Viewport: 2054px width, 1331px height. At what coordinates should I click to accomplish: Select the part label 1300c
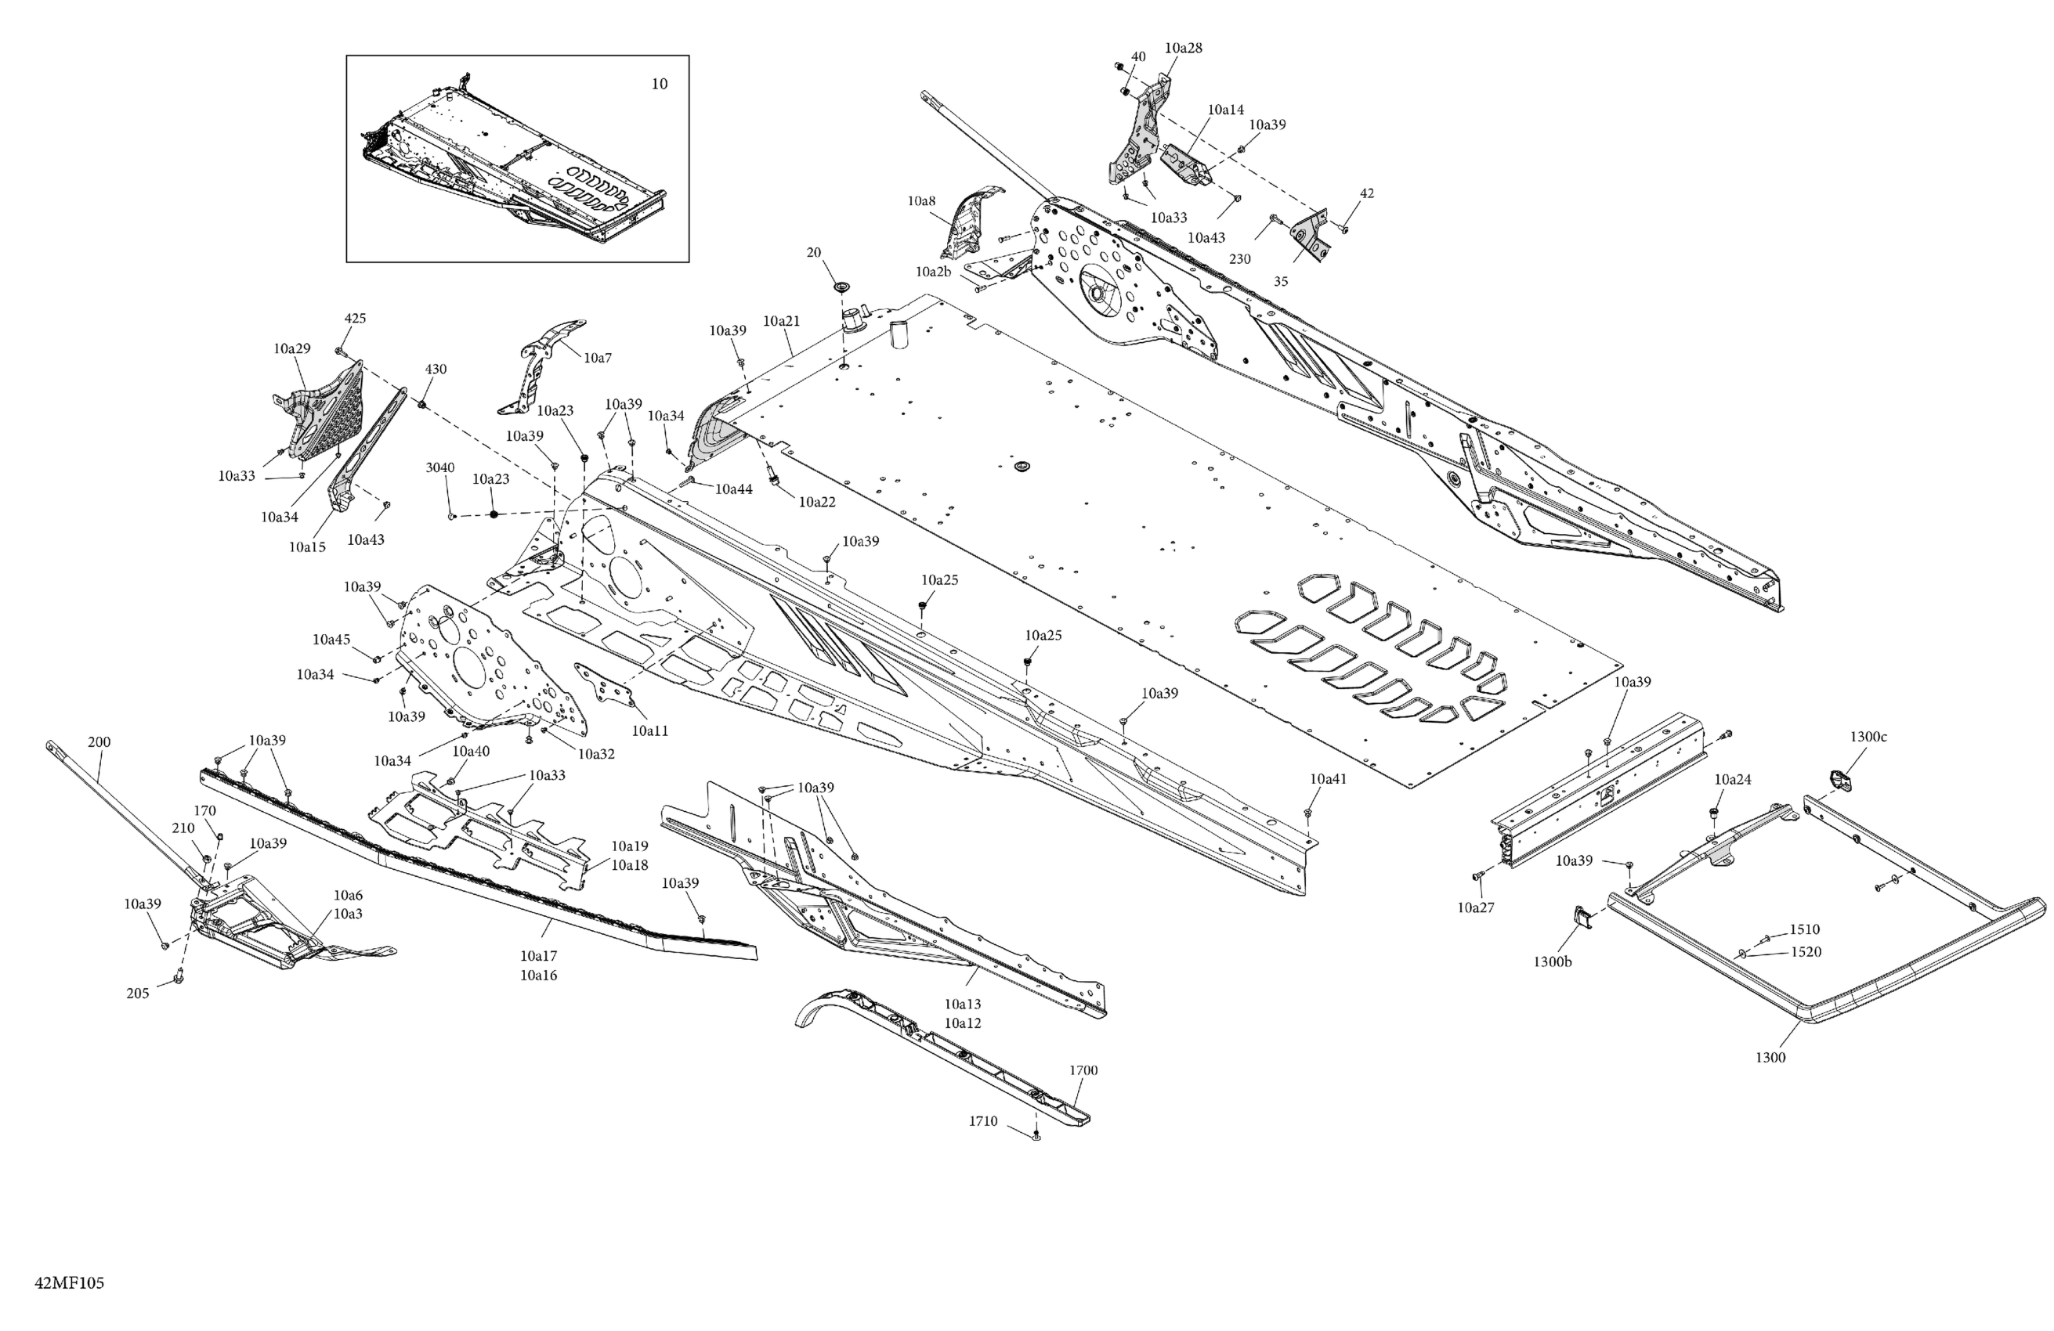(1868, 737)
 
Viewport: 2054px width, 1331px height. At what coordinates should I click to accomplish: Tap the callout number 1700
(1083, 1070)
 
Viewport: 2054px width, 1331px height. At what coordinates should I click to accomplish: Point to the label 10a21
(781, 321)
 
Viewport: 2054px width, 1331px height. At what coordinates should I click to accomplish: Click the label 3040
(439, 467)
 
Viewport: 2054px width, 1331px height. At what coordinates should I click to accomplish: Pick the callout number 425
(355, 319)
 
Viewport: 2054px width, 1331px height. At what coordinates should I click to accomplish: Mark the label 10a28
(1183, 49)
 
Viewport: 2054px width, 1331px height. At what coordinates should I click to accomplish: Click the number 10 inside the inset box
(659, 85)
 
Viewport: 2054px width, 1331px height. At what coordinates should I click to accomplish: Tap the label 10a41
(1328, 779)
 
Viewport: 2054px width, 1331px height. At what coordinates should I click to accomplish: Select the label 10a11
(650, 730)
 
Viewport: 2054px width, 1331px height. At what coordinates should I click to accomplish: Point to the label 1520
(1806, 952)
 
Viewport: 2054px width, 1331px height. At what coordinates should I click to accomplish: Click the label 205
(137, 993)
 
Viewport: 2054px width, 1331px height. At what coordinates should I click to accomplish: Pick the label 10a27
(1476, 907)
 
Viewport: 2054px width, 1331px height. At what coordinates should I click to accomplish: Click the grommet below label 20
(840, 286)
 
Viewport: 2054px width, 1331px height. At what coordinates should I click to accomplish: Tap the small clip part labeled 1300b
(1582, 918)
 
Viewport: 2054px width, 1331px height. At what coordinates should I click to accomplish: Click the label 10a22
(816, 501)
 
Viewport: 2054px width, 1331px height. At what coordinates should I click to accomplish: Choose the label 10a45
(331, 639)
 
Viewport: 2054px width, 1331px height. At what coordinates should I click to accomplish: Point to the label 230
(1239, 259)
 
